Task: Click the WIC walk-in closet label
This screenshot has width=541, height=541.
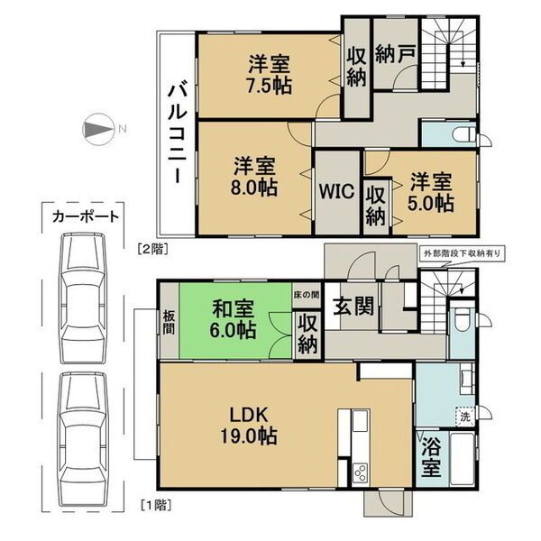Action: pos(336,191)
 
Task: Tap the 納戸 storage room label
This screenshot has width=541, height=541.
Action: pos(395,53)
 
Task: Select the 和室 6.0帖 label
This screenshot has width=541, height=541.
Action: pos(233,319)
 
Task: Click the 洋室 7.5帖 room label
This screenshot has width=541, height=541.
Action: pos(270,75)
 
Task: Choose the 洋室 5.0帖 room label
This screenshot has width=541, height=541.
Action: pos(431,193)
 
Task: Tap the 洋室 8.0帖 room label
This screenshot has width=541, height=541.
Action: pos(254,177)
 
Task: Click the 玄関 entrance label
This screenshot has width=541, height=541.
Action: pos(353,307)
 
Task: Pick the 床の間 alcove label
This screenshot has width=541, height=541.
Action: pos(307,295)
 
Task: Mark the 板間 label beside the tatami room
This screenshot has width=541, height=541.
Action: pos(170,322)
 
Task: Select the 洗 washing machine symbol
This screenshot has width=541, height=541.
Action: pos(464,417)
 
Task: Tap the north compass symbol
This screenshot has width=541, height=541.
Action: pos(98,129)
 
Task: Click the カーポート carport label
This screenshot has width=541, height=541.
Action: pos(86,217)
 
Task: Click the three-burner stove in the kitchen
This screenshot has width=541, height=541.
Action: pos(360,472)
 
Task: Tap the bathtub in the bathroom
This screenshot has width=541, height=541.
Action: pos(462,459)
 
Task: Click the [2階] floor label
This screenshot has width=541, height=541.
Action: pos(153,249)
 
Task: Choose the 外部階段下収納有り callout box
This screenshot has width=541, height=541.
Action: pos(462,253)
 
